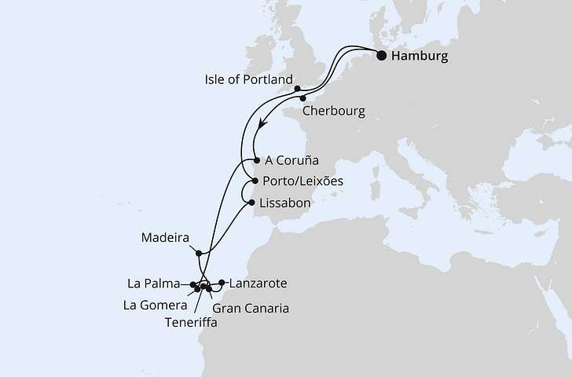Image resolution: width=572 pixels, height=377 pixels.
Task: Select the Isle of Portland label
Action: point(248,80)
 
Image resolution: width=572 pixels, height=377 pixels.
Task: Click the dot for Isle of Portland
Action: point(298,89)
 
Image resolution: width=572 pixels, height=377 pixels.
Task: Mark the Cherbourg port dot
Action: point(302,99)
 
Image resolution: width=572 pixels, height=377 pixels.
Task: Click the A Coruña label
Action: point(291,160)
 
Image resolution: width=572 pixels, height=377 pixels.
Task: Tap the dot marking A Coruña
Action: point(256,160)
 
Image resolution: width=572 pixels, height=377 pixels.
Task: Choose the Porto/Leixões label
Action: point(304,181)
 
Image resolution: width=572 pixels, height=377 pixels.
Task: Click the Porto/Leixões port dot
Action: point(255,181)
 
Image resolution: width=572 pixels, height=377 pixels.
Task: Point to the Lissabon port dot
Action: point(251,203)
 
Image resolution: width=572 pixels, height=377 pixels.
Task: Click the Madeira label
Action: point(164,236)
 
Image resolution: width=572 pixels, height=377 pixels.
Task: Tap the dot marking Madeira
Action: point(200,253)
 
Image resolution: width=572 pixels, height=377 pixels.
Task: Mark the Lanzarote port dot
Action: point(222,282)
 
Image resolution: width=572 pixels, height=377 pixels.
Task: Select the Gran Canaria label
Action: point(251,308)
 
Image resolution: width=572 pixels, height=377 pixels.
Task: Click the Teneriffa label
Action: point(192,321)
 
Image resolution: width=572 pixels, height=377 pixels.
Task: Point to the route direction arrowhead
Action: point(262,124)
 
